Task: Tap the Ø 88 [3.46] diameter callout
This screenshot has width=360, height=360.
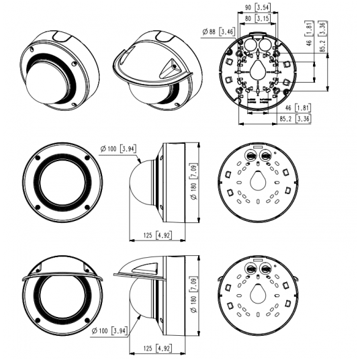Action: pos(218,31)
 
